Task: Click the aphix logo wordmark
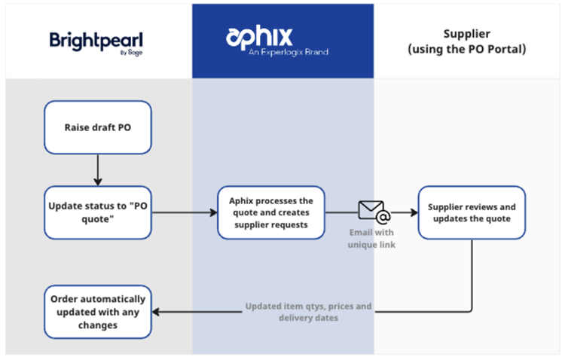click(x=259, y=36)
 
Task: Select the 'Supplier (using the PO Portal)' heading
click(x=468, y=41)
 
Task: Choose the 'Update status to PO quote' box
click(x=97, y=212)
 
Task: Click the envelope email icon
click(x=374, y=212)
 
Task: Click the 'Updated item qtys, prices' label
click(x=310, y=307)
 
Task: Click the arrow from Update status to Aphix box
click(x=185, y=212)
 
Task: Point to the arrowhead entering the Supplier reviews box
click(x=414, y=212)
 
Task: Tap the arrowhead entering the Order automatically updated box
click(x=157, y=311)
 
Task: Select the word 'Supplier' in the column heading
click(x=468, y=34)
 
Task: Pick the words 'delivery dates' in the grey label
click(x=310, y=319)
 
